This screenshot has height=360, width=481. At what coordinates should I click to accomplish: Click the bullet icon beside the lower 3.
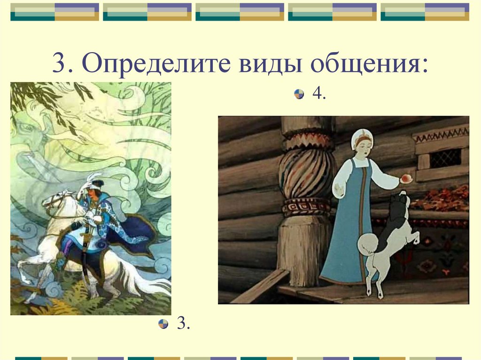[163, 324]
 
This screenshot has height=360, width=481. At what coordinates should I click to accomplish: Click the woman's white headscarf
[362, 136]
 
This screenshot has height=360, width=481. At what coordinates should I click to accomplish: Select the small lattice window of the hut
[445, 158]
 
